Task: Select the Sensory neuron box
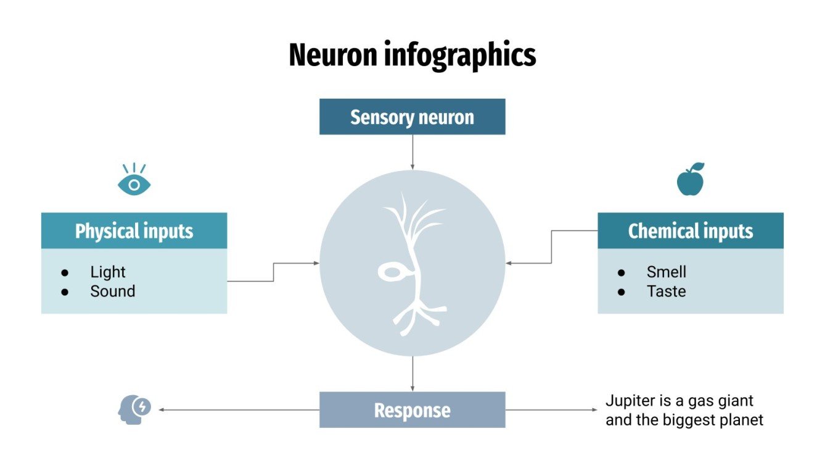(x=412, y=117)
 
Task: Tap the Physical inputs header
(x=134, y=231)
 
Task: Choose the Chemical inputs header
(x=690, y=231)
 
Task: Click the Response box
(x=412, y=410)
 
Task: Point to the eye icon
(x=134, y=181)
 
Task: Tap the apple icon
(x=691, y=180)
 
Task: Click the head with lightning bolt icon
(x=134, y=409)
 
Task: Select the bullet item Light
(x=107, y=272)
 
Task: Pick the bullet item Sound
(x=112, y=291)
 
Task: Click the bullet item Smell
(x=666, y=272)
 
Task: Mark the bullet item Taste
(x=666, y=291)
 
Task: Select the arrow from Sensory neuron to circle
(x=412, y=152)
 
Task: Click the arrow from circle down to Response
(x=412, y=374)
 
